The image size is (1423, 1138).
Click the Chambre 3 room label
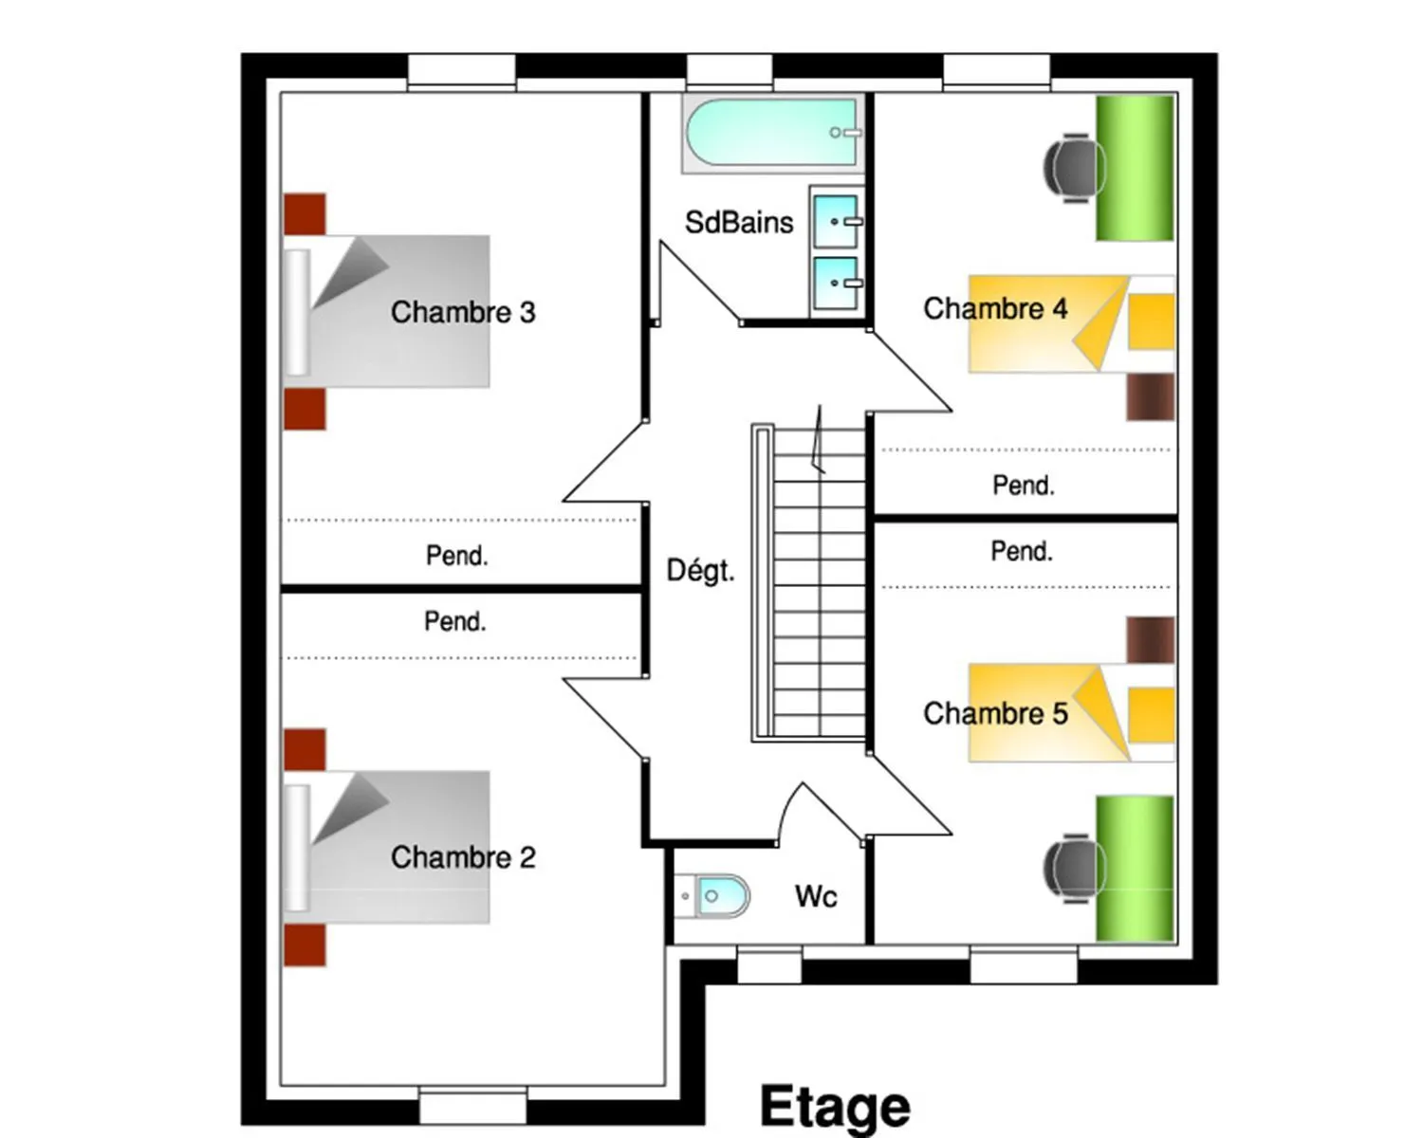[463, 312]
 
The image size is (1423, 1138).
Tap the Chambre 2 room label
[463, 857]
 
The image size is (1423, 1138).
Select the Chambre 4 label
[995, 309]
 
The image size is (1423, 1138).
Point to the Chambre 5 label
[995, 713]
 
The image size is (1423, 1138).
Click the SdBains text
[739, 222]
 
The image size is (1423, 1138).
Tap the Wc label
[816, 896]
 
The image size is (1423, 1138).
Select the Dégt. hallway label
[700, 570]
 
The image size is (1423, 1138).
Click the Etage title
[835, 1107]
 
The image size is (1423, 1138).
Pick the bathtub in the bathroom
[773, 133]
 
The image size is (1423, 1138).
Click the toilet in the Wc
[712, 896]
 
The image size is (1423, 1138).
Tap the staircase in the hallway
[808, 582]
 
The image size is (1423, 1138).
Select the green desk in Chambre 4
[1135, 168]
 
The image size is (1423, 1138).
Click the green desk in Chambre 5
[1135, 869]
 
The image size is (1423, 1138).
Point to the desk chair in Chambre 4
[1074, 168]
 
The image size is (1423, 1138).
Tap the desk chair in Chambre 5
[1074, 869]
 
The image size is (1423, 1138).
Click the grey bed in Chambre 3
[387, 311]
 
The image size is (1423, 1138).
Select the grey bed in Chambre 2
[387, 847]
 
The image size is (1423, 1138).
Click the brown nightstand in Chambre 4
[1151, 396]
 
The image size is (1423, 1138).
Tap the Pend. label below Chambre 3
[456, 556]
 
